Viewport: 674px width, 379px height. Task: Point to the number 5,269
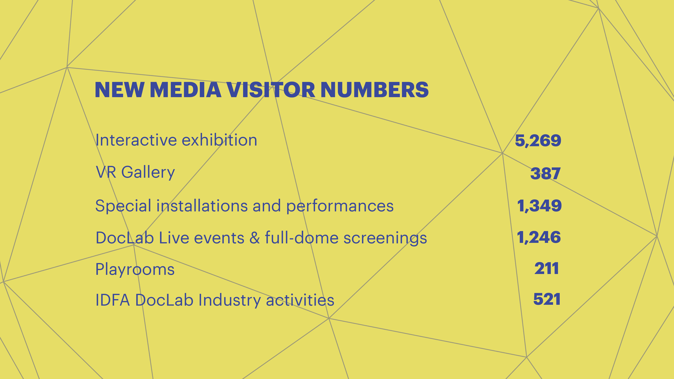(538, 140)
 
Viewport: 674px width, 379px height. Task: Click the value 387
(545, 173)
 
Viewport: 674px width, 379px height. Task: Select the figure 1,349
(539, 206)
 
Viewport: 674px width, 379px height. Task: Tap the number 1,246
(539, 237)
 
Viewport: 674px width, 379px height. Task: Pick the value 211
(547, 268)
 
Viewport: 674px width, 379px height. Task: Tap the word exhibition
(219, 140)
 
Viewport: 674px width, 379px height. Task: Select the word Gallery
(148, 172)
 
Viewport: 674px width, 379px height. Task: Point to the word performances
(340, 206)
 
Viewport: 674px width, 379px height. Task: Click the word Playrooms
(135, 269)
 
